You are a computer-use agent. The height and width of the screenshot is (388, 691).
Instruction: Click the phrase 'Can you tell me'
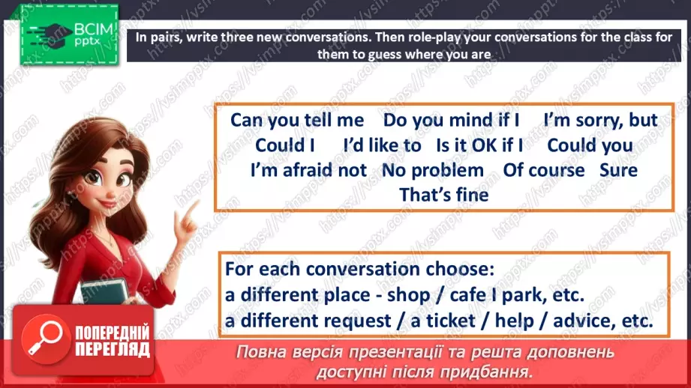tap(296, 120)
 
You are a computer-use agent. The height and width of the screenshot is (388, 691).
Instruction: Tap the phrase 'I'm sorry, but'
tap(600, 120)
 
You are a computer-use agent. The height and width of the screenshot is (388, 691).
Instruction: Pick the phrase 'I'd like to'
tap(382, 145)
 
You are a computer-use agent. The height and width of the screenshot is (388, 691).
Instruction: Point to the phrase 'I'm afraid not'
tap(308, 170)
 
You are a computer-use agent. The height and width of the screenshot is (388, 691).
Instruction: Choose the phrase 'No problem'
tap(433, 170)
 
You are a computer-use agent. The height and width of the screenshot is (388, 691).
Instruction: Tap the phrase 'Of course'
tap(544, 170)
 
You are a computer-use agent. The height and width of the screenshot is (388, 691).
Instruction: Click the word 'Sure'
tap(618, 170)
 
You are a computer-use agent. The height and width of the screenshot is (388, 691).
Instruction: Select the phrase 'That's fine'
tap(443, 195)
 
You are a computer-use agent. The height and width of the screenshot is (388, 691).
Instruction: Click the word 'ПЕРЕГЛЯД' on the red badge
tap(113, 349)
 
